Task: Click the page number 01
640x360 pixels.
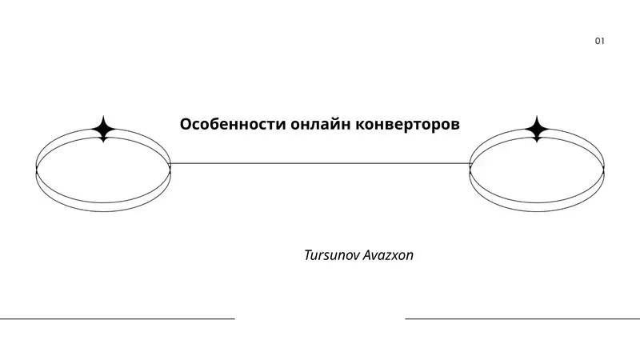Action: (x=599, y=41)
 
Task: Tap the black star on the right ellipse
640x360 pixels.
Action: (x=537, y=130)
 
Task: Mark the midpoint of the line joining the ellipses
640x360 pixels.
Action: (x=320, y=163)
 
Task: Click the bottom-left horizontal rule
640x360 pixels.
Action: (x=117, y=318)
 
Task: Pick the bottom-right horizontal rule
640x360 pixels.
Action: (x=522, y=318)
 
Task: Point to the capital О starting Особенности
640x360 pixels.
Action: (x=186, y=126)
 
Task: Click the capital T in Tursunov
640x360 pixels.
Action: (x=308, y=256)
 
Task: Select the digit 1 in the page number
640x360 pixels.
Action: (x=602, y=41)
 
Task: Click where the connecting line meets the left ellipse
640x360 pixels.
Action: (x=170, y=163)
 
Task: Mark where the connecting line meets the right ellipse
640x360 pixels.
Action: (x=470, y=163)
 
